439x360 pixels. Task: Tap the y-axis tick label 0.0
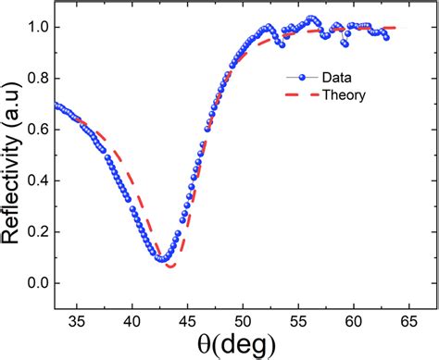pyautogui.click(x=39, y=283)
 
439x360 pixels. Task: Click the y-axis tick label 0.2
pyautogui.click(x=39, y=232)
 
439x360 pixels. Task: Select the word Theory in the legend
pyautogui.click(x=338, y=94)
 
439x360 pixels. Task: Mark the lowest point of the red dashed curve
pyautogui.click(x=170, y=267)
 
